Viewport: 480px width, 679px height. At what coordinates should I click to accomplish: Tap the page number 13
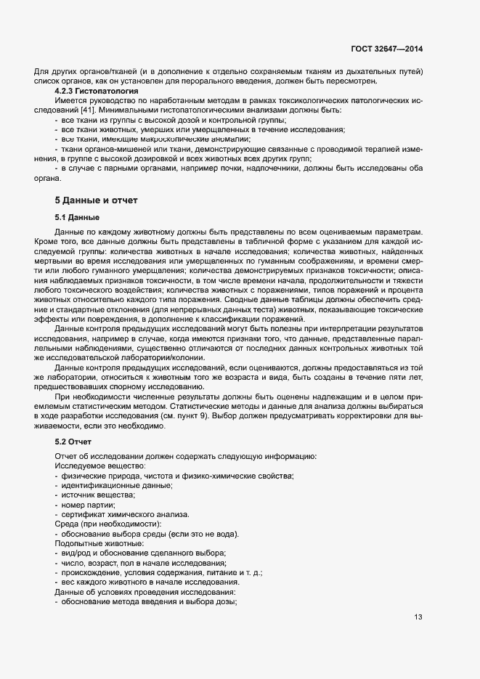point(418,617)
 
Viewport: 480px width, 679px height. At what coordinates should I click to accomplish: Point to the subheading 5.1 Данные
point(77,218)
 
